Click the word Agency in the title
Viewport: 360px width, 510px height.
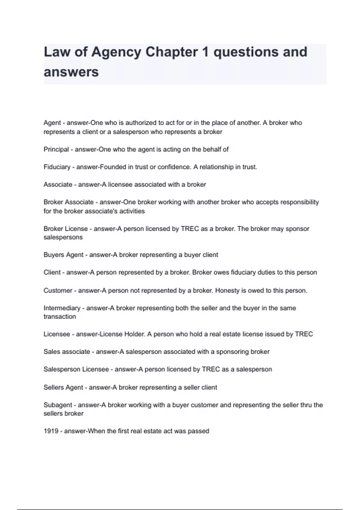116,52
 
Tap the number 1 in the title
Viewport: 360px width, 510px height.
205,52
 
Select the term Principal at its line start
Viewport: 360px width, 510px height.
56,149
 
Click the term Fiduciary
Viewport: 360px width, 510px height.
57,167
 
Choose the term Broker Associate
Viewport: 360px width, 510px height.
68,202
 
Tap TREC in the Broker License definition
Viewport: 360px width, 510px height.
190,229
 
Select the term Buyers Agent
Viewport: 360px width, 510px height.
63,255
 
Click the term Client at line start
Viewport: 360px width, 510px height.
52,272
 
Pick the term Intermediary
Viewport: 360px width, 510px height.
62,308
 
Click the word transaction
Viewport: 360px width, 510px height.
60,316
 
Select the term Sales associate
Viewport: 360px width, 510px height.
67,352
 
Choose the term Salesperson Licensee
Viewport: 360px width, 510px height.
76,369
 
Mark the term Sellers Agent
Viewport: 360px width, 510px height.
63,387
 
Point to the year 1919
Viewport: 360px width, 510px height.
51,431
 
